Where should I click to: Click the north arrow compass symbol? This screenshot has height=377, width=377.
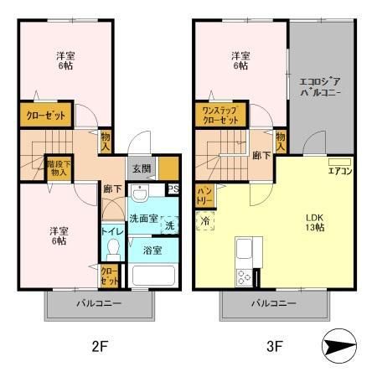[339, 346]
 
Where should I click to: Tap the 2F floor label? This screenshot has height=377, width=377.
[100, 347]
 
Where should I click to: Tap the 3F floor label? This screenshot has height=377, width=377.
[275, 347]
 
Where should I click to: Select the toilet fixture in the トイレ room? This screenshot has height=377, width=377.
[113, 250]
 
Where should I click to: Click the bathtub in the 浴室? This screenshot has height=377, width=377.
[153, 276]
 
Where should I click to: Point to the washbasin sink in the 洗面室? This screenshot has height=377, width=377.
[140, 194]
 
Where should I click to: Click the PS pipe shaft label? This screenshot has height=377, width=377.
[173, 189]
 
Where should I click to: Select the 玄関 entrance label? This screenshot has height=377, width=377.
[142, 168]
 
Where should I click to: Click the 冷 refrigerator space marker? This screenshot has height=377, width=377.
[205, 221]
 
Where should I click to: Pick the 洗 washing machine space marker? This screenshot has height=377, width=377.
[170, 225]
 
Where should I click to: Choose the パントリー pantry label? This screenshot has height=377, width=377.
[204, 196]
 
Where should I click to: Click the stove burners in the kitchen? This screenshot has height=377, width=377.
[244, 277]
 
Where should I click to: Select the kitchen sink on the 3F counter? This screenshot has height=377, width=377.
[244, 248]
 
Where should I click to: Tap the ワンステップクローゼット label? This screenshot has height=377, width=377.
[220, 116]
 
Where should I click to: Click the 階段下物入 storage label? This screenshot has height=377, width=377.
[59, 168]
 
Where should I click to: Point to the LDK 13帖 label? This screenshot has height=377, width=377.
[315, 223]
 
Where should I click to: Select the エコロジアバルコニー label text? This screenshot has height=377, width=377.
[320, 87]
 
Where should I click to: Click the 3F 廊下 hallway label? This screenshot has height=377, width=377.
[261, 156]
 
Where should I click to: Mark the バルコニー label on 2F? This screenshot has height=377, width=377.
[99, 303]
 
